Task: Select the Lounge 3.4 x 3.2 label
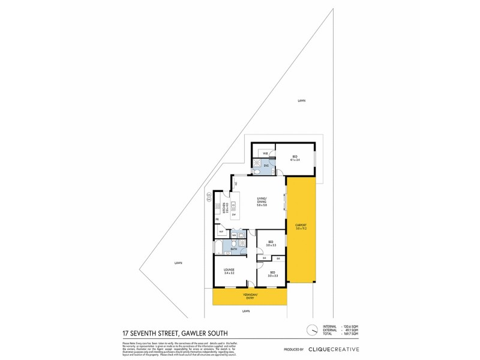(229, 271)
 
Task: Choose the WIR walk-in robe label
(265, 153)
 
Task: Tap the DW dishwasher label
(234, 214)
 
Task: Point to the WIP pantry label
(221, 232)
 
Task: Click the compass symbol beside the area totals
(311, 329)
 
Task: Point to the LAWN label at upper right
(301, 101)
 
